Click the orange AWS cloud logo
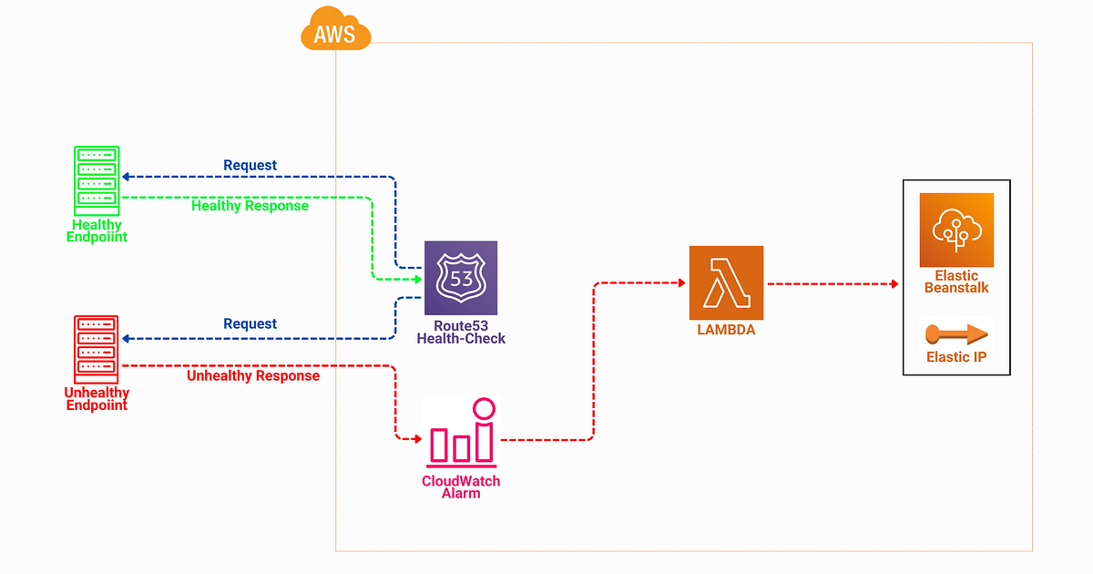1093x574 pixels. pos(335,30)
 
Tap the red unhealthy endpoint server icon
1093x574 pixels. pos(97,349)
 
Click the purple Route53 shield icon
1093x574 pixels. pos(461,278)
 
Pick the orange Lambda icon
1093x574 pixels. pos(726,282)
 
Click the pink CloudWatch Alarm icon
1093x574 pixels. pos(461,432)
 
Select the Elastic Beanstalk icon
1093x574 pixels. pos(956,230)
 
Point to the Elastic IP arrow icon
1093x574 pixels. pos(956,333)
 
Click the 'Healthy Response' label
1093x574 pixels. pos(250,206)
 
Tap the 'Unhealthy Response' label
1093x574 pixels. pos(253,375)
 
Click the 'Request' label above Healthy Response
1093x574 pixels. pos(250,165)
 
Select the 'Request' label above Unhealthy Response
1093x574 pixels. pos(250,323)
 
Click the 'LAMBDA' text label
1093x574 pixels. pos(726,330)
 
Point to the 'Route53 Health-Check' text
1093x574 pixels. pos(461,332)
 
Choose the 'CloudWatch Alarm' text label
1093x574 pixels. pos(461,487)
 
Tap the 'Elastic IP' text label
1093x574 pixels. pos(956,357)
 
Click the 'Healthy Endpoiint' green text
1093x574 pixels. pos(97,231)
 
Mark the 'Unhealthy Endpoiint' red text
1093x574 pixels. pos(97,399)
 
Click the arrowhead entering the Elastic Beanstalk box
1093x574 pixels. pos(895,284)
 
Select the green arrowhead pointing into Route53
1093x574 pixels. pos(418,278)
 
